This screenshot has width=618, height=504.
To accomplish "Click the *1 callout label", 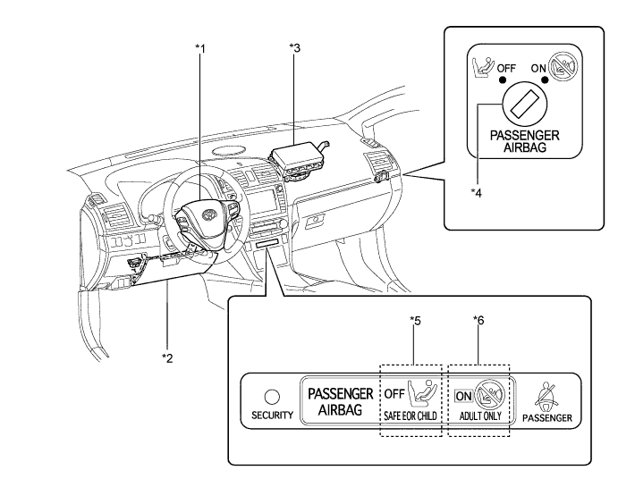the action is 200,48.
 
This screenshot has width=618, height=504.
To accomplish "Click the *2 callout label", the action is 167,358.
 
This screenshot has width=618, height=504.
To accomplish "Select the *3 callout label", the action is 294,47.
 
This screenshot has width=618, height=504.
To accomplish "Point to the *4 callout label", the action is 476,193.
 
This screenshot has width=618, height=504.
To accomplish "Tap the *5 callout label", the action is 415,321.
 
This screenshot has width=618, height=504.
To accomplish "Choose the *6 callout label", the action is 478,321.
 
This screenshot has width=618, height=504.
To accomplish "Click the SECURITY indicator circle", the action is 272,397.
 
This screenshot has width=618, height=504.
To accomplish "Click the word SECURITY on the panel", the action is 273,415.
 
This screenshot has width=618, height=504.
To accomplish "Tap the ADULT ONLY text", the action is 480,416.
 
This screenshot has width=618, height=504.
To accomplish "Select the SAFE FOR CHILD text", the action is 410,416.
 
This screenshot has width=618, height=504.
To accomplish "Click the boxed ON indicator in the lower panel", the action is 463,396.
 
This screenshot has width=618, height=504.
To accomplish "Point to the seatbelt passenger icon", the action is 546,396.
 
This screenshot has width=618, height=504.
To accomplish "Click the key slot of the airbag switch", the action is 524,104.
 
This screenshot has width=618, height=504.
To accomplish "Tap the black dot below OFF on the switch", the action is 502,80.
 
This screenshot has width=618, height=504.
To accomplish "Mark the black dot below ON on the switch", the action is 545,80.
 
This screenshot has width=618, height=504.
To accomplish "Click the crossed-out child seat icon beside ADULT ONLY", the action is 490,395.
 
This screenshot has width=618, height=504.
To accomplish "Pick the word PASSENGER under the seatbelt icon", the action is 547,418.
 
